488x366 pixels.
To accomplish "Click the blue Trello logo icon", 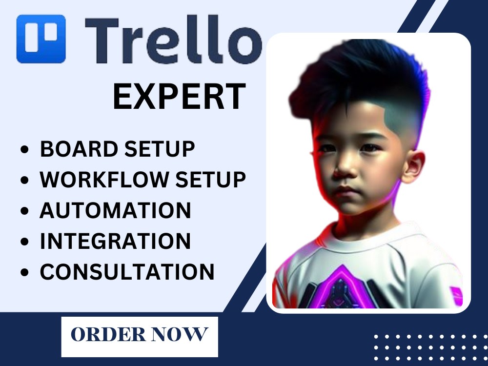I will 41,39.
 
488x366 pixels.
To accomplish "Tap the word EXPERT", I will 179,97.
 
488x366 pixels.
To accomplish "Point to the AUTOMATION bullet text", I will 115,210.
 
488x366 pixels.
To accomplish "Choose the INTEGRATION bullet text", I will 115,241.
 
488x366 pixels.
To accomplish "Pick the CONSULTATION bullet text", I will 127,272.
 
